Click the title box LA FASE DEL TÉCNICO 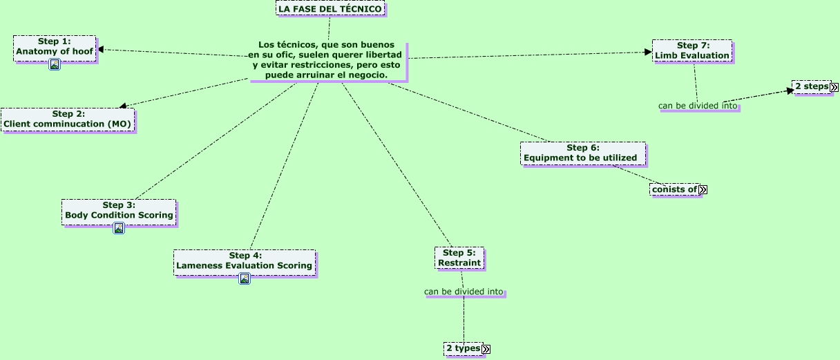(330, 8)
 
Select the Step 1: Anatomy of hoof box (55, 47)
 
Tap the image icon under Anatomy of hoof (55, 65)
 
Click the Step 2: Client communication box (67, 119)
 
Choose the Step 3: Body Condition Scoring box (119, 210)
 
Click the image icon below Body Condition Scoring (119, 228)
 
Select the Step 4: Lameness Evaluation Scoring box (244, 260)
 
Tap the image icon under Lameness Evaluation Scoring (244, 278)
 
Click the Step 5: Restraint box (459, 258)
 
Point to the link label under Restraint (464, 292)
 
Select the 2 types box (463, 348)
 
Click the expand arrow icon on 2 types (486, 349)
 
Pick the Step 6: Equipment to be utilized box (582, 153)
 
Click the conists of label (674, 189)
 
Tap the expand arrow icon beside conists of (703, 189)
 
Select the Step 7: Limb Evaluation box (692, 50)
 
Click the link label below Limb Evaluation (698, 106)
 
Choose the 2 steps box (811, 86)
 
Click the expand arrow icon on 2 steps (834, 87)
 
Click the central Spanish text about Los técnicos (328, 59)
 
